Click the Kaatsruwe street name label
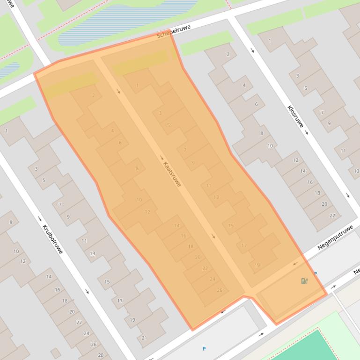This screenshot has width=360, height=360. point(172,174)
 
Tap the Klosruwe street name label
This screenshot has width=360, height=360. point(295,116)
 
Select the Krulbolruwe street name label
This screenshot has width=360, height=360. point(52,240)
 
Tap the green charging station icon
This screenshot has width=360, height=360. point(304,281)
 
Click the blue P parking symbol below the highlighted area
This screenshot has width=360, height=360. point(204,349)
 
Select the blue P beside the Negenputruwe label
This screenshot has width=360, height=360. point(316,274)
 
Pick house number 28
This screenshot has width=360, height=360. point(101,355)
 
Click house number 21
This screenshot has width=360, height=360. point(144,338)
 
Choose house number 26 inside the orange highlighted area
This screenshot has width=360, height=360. point(220,290)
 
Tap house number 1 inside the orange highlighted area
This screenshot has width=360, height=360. point(137,85)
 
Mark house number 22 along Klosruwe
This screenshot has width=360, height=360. point(332,216)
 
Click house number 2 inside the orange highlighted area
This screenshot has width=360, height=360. point(94,95)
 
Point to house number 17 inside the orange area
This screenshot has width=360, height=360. point(244,245)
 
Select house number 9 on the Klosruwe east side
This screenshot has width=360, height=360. point(329,123)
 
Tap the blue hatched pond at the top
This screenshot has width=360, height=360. point(126,19)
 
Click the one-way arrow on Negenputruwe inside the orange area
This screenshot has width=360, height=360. point(295,264)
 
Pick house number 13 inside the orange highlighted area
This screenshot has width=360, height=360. point(216,197)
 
